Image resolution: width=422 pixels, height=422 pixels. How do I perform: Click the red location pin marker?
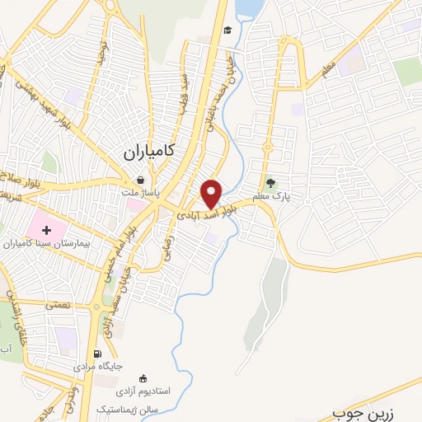[x=213, y=193]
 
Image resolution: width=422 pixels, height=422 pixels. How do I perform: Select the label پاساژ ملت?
[x=141, y=194]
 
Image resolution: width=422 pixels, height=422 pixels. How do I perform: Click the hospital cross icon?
[x=46, y=230]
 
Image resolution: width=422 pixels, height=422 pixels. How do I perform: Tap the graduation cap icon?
[x=227, y=31]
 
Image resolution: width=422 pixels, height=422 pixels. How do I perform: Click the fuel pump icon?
[x=101, y=355]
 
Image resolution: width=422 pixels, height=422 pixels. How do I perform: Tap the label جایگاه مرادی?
[x=98, y=365]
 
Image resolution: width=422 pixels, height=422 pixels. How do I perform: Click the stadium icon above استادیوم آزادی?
[x=145, y=378]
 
